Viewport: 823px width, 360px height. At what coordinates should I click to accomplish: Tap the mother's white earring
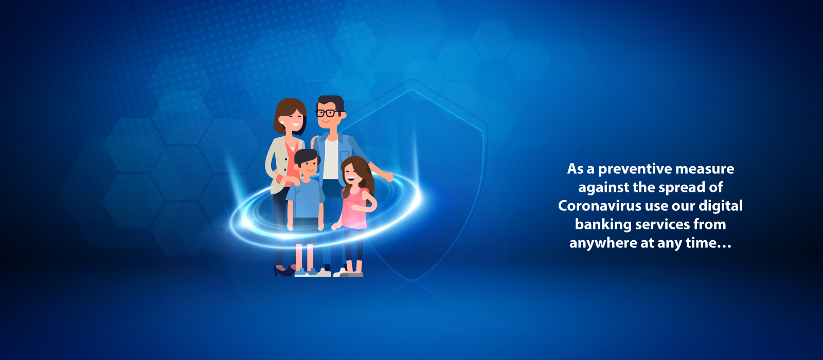coord(282,122)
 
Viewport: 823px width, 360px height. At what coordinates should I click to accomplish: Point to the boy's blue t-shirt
coord(306,199)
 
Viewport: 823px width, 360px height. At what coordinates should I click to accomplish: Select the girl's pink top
coord(354,208)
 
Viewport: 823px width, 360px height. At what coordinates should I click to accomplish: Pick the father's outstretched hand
coord(388,177)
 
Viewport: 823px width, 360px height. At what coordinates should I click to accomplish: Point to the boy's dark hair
coord(307,157)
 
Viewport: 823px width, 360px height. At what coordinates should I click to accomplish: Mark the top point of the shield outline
coord(411,78)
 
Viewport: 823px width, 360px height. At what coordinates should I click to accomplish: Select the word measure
coord(705,169)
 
